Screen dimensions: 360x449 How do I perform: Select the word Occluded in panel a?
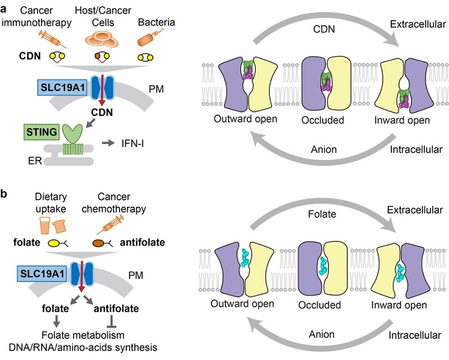pyautogui.click(x=325, y=120)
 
